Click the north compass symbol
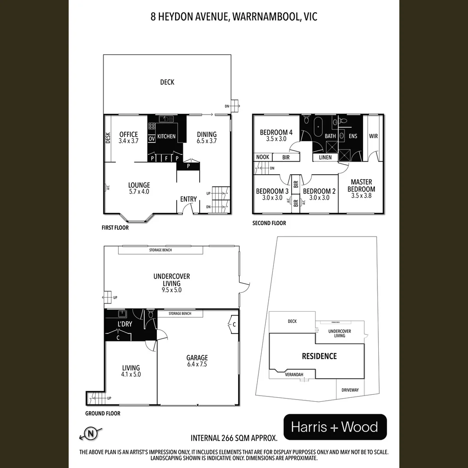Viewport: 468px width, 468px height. coord(91,432)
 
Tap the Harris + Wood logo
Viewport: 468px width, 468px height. coord(335,427)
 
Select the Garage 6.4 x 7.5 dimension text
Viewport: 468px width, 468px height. coord(197,364)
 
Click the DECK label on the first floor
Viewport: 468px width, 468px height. coord(167,82)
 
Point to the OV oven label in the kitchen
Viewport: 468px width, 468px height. coord(152,139)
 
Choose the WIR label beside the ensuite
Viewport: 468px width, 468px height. coord(373,136)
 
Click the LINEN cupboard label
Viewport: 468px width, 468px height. coord(325,157)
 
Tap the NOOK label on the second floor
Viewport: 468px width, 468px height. coord(262,157)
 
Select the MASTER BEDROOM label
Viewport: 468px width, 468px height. coord(361,185)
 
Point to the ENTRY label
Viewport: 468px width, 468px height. coord(188,199)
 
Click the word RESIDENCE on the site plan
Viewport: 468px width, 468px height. coord(319,356)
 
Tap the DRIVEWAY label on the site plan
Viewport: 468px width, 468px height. coord(350,390)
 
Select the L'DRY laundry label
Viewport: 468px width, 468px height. coord(125,324)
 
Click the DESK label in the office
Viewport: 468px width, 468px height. coord(108,138)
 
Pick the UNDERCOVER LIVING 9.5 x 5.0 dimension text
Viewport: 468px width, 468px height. coord(172,290)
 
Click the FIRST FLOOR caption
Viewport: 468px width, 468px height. coord(115,227)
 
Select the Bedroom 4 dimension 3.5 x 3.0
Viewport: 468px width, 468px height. coord(276,139)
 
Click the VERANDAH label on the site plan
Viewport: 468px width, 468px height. coord(294,374)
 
